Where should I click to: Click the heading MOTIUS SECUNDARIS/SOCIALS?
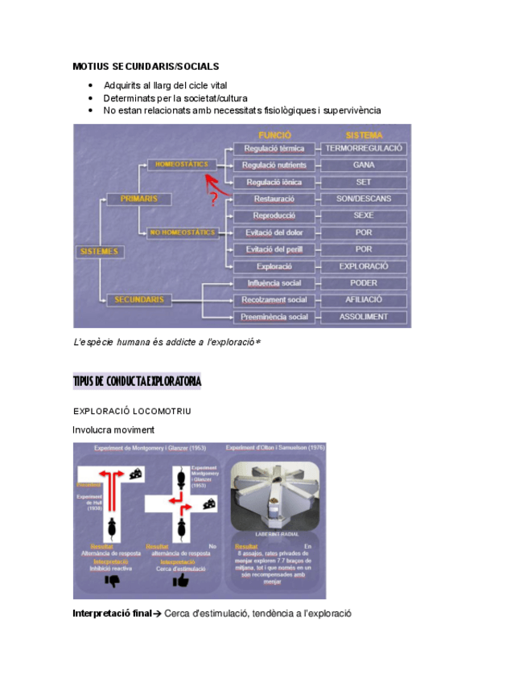tap(146, 66)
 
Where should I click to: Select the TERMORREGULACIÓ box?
tap(364, 149)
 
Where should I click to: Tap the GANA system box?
tap(364, 165)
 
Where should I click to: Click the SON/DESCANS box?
tap(364, 199)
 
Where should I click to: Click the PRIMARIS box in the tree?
tap(139, 198)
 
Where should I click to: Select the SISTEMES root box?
tap(99, 252)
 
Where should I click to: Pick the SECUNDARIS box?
tap(139, 299)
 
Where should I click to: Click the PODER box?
tap(364, 283)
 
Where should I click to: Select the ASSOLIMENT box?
tap(364, 317)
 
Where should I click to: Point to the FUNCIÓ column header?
tap(274, 134)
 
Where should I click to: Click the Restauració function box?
tap(274, 199)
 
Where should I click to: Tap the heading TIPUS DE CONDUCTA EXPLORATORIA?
tap(137, 381)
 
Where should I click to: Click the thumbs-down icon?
tap(112, 580)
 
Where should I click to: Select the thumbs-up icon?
tap(181, 580)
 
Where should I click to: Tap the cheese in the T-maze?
tap(138, 472)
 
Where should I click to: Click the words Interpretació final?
tap(112, 613)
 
